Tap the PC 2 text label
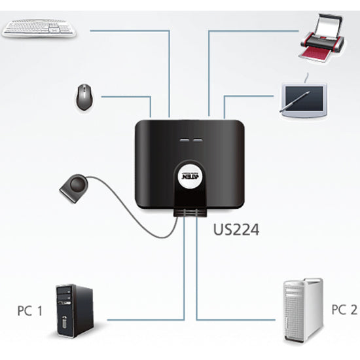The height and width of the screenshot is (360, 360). pos(344,309)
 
